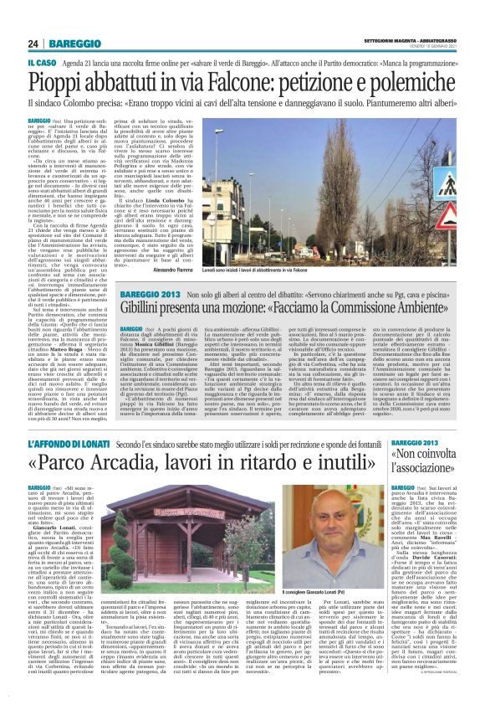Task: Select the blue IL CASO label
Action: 42,63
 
